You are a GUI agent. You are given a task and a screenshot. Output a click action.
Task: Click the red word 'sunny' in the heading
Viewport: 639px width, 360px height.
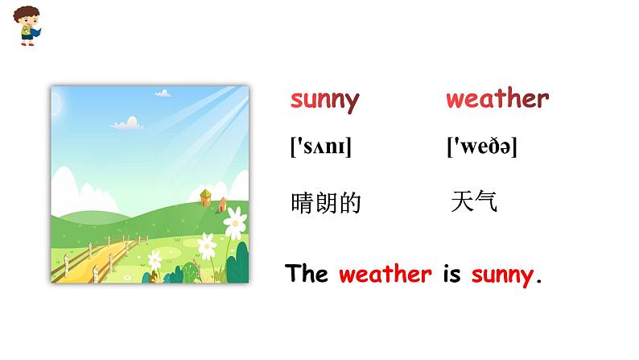324,100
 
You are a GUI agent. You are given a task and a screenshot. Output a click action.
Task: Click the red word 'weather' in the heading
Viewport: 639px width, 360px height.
497,99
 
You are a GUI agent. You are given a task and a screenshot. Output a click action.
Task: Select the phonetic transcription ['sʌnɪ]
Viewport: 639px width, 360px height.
320,147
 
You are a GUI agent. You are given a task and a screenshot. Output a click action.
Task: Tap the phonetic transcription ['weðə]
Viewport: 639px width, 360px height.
481,147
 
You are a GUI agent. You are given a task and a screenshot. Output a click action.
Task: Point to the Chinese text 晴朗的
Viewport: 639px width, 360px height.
325,203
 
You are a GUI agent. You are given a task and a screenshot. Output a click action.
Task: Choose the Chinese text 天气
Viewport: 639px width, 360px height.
474,201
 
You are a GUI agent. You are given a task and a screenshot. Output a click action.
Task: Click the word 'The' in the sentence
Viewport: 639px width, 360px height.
306,274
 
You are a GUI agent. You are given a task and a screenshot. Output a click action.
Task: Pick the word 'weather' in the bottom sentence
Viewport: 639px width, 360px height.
385,274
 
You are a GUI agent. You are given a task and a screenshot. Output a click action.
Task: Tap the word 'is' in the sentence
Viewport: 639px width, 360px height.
451,274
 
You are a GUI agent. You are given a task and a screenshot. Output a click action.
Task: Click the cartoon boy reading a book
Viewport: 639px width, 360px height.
30,25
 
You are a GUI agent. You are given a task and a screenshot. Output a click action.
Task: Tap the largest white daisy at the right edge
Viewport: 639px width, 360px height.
235,217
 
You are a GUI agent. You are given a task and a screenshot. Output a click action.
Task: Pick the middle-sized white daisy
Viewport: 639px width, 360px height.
208,242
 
